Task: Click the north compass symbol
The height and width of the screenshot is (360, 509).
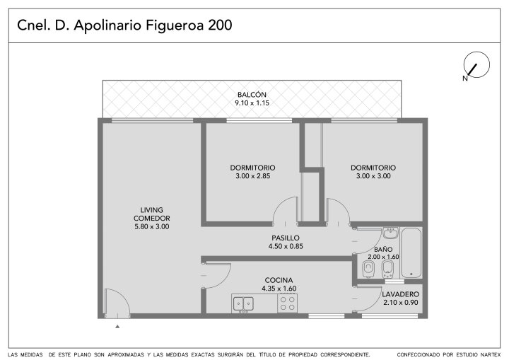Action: click(476, 65)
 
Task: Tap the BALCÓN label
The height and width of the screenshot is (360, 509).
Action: click(252, 95)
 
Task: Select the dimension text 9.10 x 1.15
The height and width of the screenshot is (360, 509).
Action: click(252, 103)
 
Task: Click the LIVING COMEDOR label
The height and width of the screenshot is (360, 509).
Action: click(151, 214)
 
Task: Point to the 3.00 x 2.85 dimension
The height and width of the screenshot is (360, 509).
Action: click(252, 176)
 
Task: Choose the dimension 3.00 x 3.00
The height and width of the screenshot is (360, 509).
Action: click(373, 176)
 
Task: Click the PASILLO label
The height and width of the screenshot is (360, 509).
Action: click(286, 238)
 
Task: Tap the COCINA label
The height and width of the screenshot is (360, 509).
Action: click(279, 280)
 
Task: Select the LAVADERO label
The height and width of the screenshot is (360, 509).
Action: click(401, 294)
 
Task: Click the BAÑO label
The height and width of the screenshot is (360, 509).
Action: click(383, 250)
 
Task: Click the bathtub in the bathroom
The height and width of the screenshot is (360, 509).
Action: click(411, 252)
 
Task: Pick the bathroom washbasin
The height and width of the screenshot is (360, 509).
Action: click(390, 233)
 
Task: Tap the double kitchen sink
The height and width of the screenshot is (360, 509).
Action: click(243, 304)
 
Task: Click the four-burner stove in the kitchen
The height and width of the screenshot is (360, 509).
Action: click(287, 303)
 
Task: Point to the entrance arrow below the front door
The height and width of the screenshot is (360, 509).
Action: click(117, 326)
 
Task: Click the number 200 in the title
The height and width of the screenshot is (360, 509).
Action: click(220, 25)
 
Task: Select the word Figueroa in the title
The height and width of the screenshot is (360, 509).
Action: click(175, 25)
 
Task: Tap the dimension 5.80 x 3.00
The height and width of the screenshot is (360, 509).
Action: click(151, 226)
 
